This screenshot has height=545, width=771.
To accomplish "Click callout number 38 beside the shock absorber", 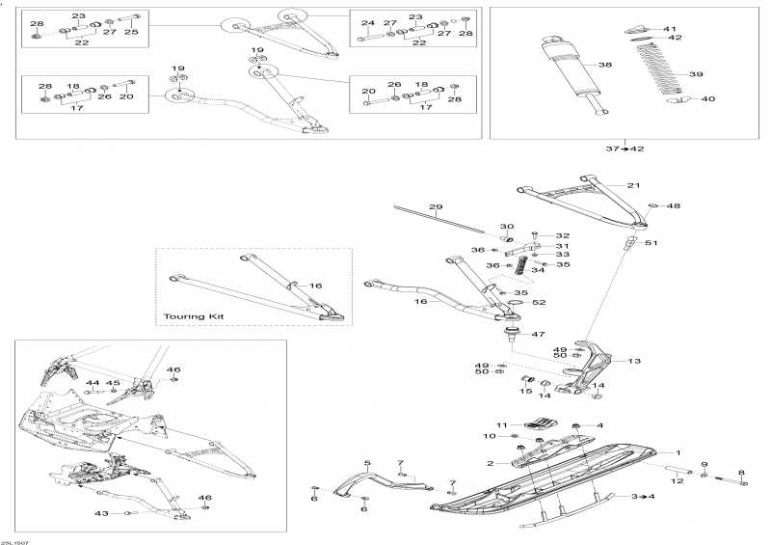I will tap(605, 65).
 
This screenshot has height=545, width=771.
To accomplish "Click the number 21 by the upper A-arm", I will tap(633, 185).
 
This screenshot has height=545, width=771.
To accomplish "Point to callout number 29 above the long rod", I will tap(435, 208).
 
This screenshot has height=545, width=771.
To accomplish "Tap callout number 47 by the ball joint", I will tap(538, 334).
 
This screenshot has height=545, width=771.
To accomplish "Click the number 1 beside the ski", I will tap(678, 452).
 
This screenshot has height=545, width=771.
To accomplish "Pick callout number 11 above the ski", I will tap(501, 425).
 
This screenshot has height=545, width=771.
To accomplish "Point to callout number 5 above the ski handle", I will tap(366, 463).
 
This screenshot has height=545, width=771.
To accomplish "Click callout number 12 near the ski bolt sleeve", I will tap(678, 479).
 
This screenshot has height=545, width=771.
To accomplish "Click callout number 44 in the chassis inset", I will tap(92, 383).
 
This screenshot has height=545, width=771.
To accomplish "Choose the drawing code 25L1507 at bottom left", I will tap(14, 540).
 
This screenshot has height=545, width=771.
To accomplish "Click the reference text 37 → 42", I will tap(625, 148).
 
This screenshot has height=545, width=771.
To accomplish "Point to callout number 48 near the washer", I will tap(675, 205).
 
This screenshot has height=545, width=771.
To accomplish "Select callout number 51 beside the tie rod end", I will tap(651, 243).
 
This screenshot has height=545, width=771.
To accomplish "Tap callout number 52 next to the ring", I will tap(540, 303).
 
